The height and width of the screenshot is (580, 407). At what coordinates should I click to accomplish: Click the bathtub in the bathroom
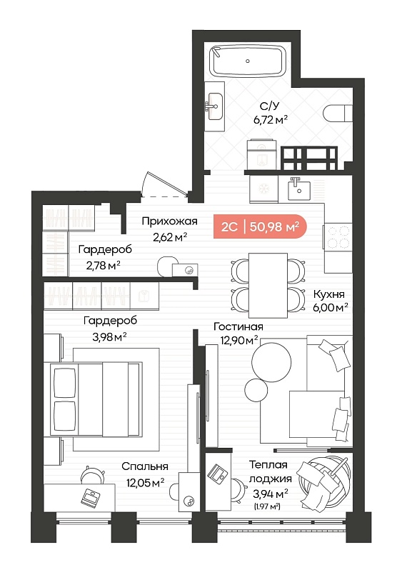point(247,61)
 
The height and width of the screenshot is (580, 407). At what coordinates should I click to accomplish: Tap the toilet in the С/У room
point(338,113)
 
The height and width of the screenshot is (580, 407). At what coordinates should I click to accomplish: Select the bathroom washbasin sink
point(215,106)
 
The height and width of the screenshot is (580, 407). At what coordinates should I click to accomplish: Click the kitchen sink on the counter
point(299,189)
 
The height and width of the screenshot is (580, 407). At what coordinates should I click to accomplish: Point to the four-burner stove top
point(338,237)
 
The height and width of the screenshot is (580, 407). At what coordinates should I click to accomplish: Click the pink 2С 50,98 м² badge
point(260,226)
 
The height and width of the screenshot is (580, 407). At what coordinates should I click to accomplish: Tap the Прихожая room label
point(170,221)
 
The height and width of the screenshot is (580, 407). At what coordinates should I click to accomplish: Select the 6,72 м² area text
point(271,120)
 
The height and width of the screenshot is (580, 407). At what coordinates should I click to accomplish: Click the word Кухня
point(328,294)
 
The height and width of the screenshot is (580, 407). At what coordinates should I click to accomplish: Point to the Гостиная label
point(238,326)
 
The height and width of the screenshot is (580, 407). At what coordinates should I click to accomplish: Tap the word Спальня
point(145,467)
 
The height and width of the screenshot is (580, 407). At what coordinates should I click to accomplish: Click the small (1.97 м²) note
point(267,506)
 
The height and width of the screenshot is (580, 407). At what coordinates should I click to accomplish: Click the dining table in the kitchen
point(268,285)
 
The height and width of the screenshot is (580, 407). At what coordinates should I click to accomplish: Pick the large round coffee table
point(271,362)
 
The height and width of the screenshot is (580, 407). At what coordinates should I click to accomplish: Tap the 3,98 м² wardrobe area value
point(110,337)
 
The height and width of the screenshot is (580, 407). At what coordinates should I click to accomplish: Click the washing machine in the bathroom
point(262,154)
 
